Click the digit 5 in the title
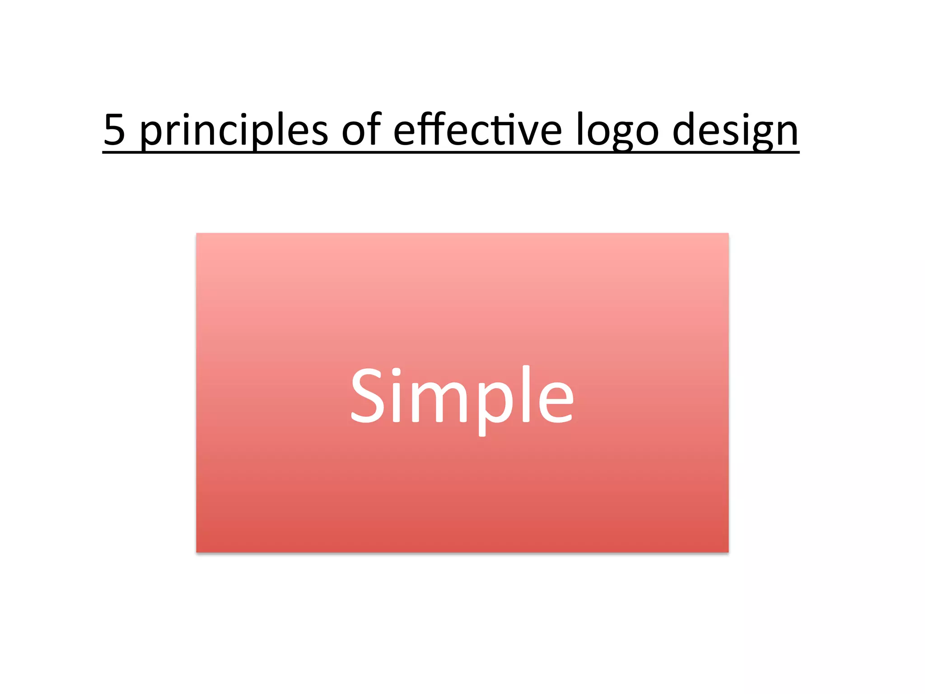pyautogui.click(x=115, y=130)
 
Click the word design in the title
pyautogui.click(x=735, y=131)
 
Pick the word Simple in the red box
pyautogui.click(x=462, y=398)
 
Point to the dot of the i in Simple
pyautogui.click(x=396, y=373)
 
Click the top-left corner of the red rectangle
pyautogui.click(x=197, y=234)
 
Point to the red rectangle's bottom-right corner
pyautogui.click(x=728, y=552)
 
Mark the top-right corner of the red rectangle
pyautogui.click(x=728, y=234)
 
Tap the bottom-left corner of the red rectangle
pyautogui.click(x=197, y=552)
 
